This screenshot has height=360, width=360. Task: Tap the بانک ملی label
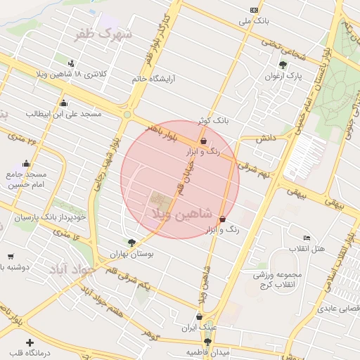254,22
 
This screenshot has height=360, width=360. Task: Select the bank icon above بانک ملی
254,10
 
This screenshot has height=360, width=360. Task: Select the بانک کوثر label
214,121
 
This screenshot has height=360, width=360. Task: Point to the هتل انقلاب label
307,249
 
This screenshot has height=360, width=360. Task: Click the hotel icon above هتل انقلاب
306,238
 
